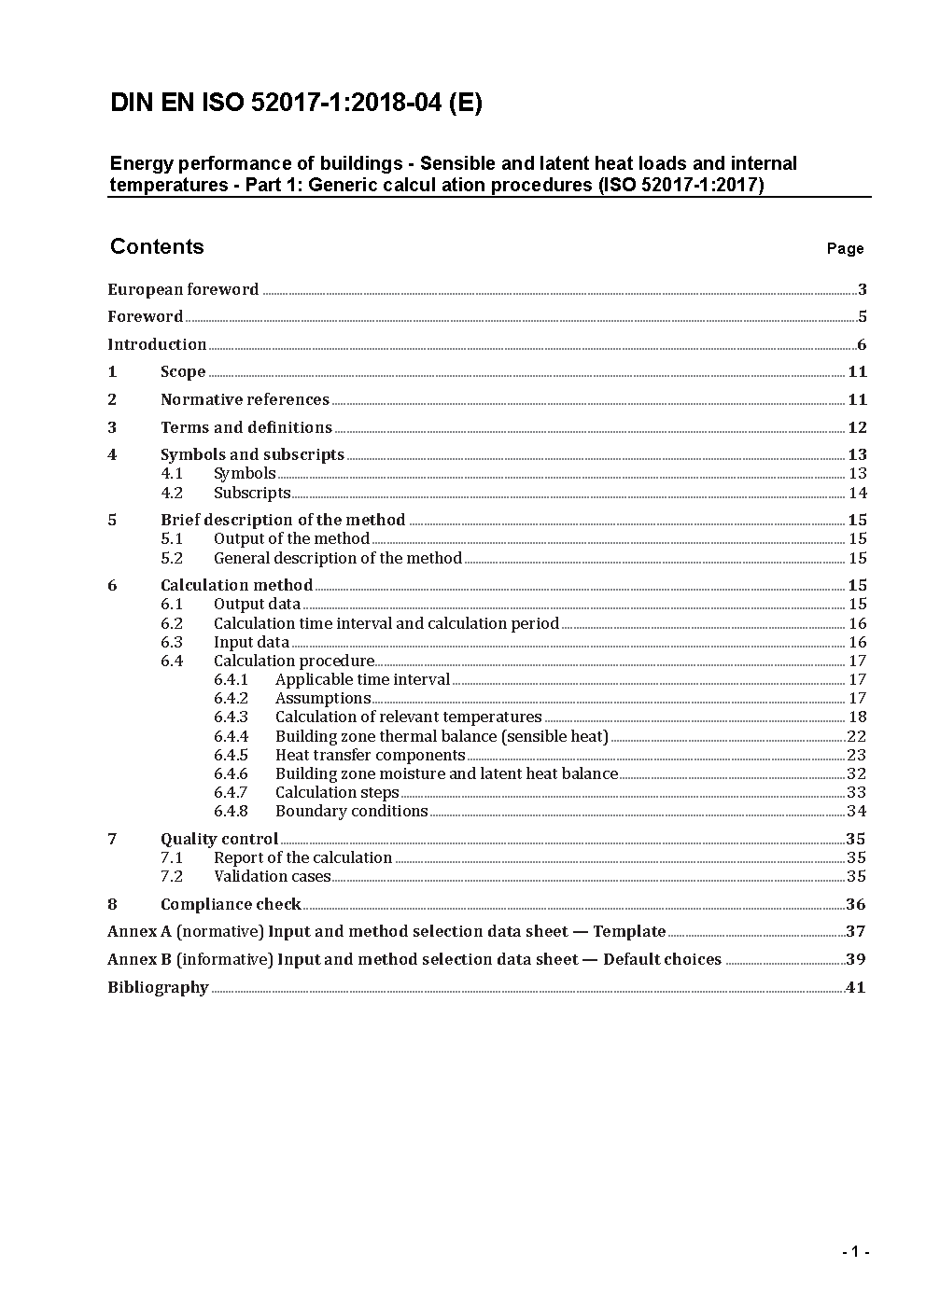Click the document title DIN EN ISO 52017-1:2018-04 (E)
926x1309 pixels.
296,104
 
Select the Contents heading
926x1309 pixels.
157,246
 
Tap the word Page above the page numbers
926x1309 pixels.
845,249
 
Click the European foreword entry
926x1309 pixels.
183,289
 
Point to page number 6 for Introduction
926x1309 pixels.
862,344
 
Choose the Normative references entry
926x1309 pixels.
245,399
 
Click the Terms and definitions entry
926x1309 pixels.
246,427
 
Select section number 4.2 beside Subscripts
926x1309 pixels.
172,493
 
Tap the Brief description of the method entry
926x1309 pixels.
283,520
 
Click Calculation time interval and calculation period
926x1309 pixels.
386,623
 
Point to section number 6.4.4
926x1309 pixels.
231,736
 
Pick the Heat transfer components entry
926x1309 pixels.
370,755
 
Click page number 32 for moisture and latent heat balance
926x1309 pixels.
856,773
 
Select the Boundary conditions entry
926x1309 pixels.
351,811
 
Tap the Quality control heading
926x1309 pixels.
219,839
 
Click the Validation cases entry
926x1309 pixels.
272,876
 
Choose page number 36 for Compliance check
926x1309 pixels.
855,904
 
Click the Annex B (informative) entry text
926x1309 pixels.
414,959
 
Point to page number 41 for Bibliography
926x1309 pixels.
855,987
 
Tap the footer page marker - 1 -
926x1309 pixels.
855,1252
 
